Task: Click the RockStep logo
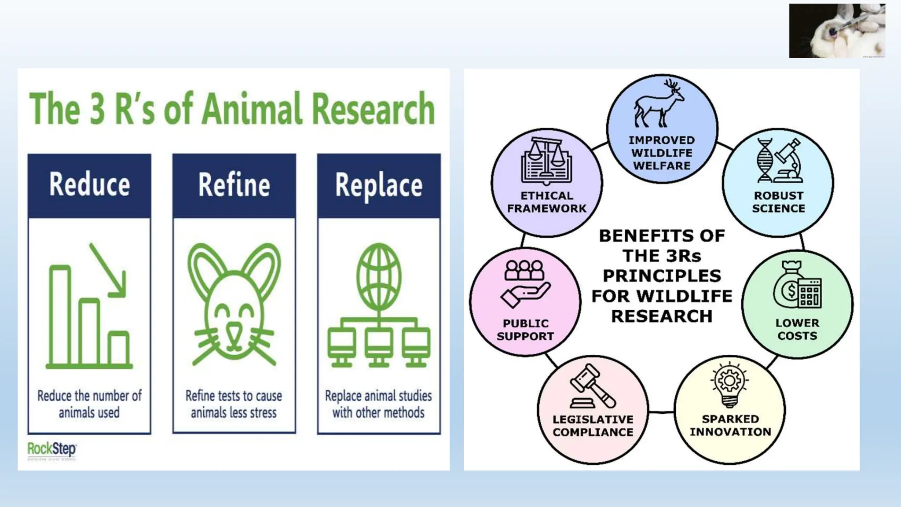(51, 450)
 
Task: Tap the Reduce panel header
(89, 185)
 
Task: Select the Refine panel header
(234, 185)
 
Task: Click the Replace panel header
(379, 185)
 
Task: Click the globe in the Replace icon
(379, 276)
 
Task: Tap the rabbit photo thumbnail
(837, 31)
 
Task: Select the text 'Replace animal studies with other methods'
(378, 404)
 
